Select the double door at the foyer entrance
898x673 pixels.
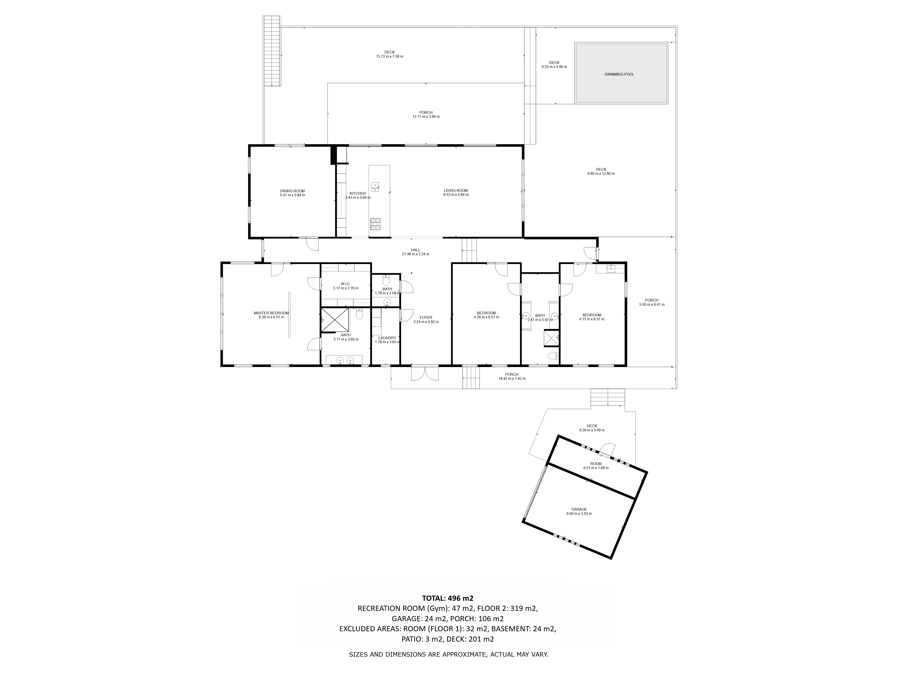tap(425, 373)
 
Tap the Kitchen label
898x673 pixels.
tap(358, 194)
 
